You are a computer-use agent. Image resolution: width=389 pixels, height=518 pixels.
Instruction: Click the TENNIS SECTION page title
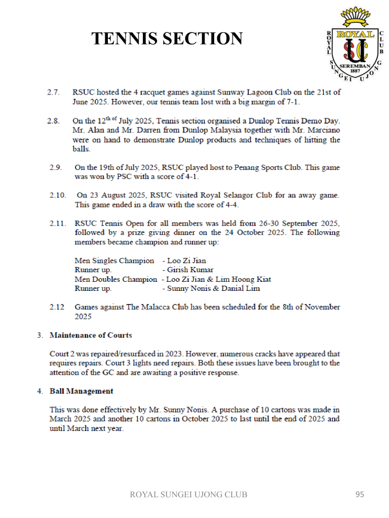167,38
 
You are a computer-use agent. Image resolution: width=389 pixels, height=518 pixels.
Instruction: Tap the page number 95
360,494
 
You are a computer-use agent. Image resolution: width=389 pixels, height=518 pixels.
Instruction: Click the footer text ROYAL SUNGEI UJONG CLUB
188,494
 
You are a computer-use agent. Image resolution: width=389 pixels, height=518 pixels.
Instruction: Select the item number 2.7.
54,93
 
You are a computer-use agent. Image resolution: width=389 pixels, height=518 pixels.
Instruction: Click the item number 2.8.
54,121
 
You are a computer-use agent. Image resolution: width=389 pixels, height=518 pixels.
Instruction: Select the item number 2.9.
56,167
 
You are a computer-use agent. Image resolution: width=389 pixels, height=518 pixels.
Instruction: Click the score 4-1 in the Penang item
189,177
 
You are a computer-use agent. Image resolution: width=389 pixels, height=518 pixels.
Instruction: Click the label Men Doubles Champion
116,279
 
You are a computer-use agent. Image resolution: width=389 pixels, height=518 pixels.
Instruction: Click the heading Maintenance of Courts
91,335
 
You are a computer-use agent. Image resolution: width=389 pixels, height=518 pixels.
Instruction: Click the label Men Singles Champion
114,261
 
